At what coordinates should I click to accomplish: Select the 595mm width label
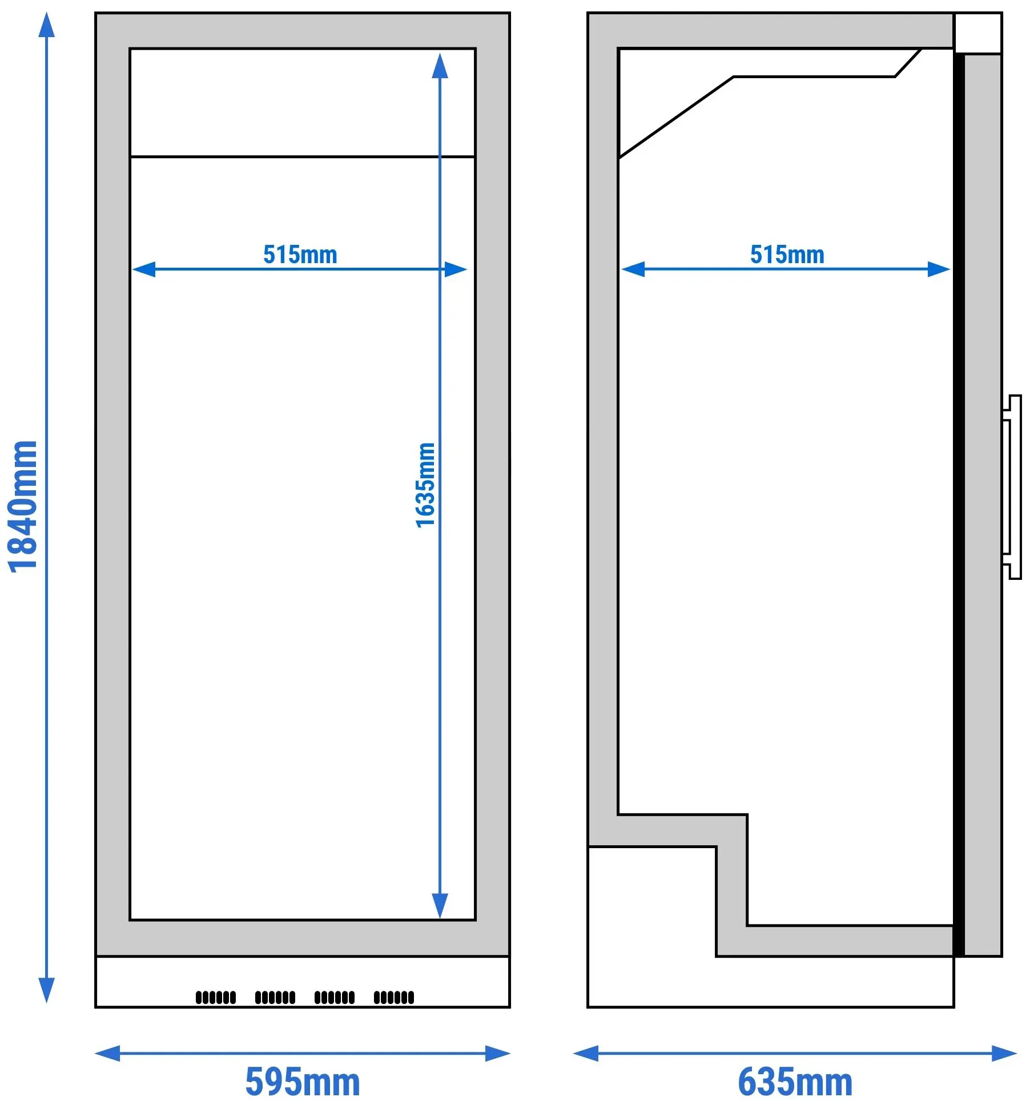coord(303,1082)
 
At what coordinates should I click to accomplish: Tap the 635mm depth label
coord(795,1082)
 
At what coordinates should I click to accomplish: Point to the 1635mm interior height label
coord(425,485)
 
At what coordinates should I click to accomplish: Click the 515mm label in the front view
coord(300,255)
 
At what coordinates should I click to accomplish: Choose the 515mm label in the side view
coord(787,255)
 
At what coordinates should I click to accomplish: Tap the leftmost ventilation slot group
coord(216,997)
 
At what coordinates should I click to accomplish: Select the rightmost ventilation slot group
coord(394,997)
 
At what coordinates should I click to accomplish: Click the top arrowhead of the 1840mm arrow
coord(47,24)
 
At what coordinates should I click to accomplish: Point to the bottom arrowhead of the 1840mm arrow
coord(47,991)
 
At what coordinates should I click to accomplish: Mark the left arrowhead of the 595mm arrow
coord(107,1053)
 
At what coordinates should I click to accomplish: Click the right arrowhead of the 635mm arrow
coord(1004,1053)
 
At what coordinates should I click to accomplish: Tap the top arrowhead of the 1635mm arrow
coord(440,66)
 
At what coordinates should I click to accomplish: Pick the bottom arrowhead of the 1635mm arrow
coord(440,906)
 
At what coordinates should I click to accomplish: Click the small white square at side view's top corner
coord(978,33)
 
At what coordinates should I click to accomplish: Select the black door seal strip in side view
coord(959,506)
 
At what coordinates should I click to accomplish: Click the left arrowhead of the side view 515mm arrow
coord(633,269)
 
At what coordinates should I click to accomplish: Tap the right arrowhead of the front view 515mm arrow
coord(456,269)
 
